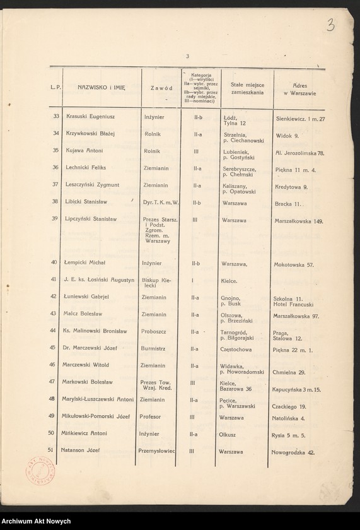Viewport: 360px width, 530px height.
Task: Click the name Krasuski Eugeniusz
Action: coord(88,117)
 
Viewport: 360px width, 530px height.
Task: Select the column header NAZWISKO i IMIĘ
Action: coord(102,88)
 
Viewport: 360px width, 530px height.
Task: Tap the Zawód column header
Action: coord(161,88)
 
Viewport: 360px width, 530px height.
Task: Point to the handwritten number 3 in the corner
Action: coord(331,25)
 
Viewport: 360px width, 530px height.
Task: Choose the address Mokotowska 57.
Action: coord(294,265)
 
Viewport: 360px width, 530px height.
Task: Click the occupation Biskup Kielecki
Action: coord(154,283)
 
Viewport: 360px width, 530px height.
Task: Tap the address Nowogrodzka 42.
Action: coord(293,452)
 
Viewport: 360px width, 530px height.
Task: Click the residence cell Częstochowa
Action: coord(237,348)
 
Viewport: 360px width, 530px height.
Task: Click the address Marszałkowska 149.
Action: coord(299,221)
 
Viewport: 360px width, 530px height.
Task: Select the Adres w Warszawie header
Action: coord(299,89)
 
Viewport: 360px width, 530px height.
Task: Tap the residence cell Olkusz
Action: coord(228,435)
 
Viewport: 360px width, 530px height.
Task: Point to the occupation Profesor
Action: coord(150,417)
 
